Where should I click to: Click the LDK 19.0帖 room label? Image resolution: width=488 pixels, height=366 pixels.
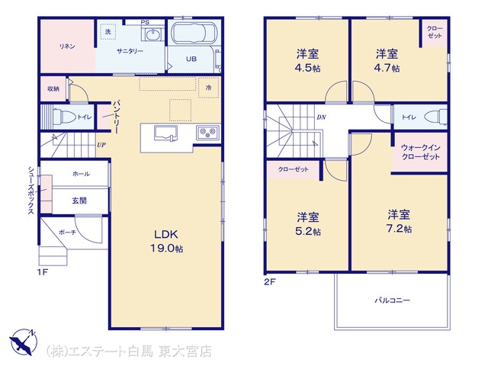(x=166, y=241)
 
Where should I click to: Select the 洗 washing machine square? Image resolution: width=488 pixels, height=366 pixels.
(x=108, y=31)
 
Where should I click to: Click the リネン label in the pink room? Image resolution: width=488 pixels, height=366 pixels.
(x=67, y=47)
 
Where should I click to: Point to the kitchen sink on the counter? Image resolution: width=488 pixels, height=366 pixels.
(x=166, y=133)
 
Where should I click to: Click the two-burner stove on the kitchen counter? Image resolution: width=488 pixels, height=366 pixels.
(x=207, y=132)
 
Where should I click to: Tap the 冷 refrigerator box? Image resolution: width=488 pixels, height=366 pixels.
(x=208, y=88)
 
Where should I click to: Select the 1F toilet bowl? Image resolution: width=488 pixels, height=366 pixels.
(x=64, y=117)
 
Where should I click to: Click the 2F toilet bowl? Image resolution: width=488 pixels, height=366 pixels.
(x=438, y=117)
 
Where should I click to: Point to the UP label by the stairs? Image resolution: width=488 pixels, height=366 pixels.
(x=101, y=145)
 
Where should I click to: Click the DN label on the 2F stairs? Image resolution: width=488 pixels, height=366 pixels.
(x=321, y=117)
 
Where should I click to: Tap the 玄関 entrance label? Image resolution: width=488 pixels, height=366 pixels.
(x=79, y=201)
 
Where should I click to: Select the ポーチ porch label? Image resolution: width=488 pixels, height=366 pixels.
(x=67, y=232)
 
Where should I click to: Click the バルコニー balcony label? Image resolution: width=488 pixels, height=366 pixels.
(x=392, y=300)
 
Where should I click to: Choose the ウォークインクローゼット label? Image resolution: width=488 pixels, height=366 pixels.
(x=420, y=152)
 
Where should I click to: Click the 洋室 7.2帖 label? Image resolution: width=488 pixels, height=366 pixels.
(x=399, y=222)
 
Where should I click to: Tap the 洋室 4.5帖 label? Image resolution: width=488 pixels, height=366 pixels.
(x=307, y=61)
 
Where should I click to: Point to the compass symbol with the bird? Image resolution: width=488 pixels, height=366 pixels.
(x=24, y=342)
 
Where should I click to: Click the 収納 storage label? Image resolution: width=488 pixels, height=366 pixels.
(x=53, y=88)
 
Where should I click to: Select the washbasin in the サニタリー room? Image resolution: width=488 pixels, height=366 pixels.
(x=152, y=34)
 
